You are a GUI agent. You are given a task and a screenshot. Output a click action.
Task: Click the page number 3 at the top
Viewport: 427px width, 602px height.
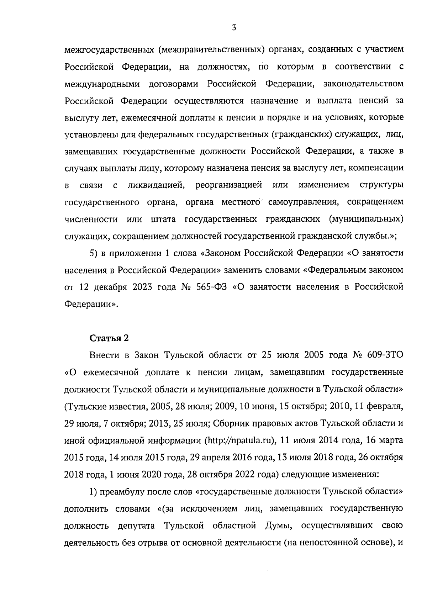coord(234,28)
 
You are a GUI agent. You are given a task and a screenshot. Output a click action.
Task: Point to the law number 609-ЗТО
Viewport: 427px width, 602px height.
coord(384,355)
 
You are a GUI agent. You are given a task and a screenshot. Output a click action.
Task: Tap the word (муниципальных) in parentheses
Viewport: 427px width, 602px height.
coord(367,219)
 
